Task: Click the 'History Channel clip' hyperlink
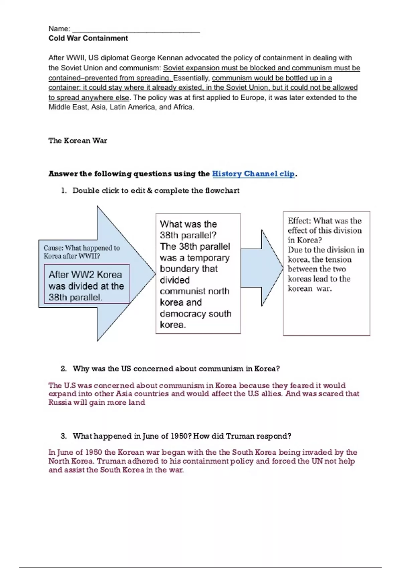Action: tap(253, 174)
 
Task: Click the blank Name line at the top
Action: tap(136, 29)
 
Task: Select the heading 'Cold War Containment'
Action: tap(88, 38)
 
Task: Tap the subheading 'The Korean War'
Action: tap(78, 141)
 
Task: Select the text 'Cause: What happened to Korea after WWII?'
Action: tap(82, 252)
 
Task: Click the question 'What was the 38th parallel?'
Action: tap(188, 230)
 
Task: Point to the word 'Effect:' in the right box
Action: tap(299, 221)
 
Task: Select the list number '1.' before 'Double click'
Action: tap(64, 191)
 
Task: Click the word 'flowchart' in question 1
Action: tap(222, 191)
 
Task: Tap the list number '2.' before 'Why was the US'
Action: tap(64, 369)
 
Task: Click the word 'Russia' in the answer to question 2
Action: tap(59, 402)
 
